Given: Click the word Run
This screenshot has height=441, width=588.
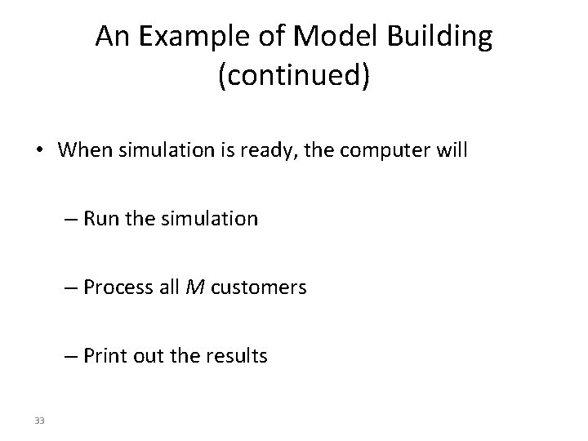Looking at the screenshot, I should tap(100, 219).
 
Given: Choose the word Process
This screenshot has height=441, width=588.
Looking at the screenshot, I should tap(115, 287).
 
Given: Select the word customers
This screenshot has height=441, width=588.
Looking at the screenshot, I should tap(258, 287).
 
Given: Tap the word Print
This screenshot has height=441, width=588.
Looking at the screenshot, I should tap(104, 356).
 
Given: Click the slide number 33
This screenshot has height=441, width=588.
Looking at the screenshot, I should tap(41, 421).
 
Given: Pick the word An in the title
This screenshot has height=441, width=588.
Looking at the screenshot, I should tap(110, 38).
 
